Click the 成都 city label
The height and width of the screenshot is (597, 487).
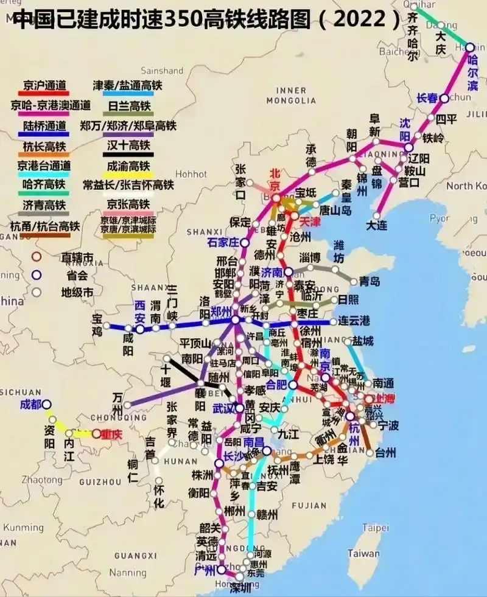click(30, 404)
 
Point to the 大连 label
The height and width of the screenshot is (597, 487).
click(376, 226)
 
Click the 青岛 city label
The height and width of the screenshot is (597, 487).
click(369, 281)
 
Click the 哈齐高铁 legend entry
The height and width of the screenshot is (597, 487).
click(44, 184)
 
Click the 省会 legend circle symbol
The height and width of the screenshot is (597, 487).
click(37, 274)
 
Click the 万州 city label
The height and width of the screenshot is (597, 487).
click(117, 402)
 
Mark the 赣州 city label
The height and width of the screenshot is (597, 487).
click(267, 514)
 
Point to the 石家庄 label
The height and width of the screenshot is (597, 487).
click(223, 242)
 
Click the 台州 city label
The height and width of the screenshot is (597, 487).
click(385, 452)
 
